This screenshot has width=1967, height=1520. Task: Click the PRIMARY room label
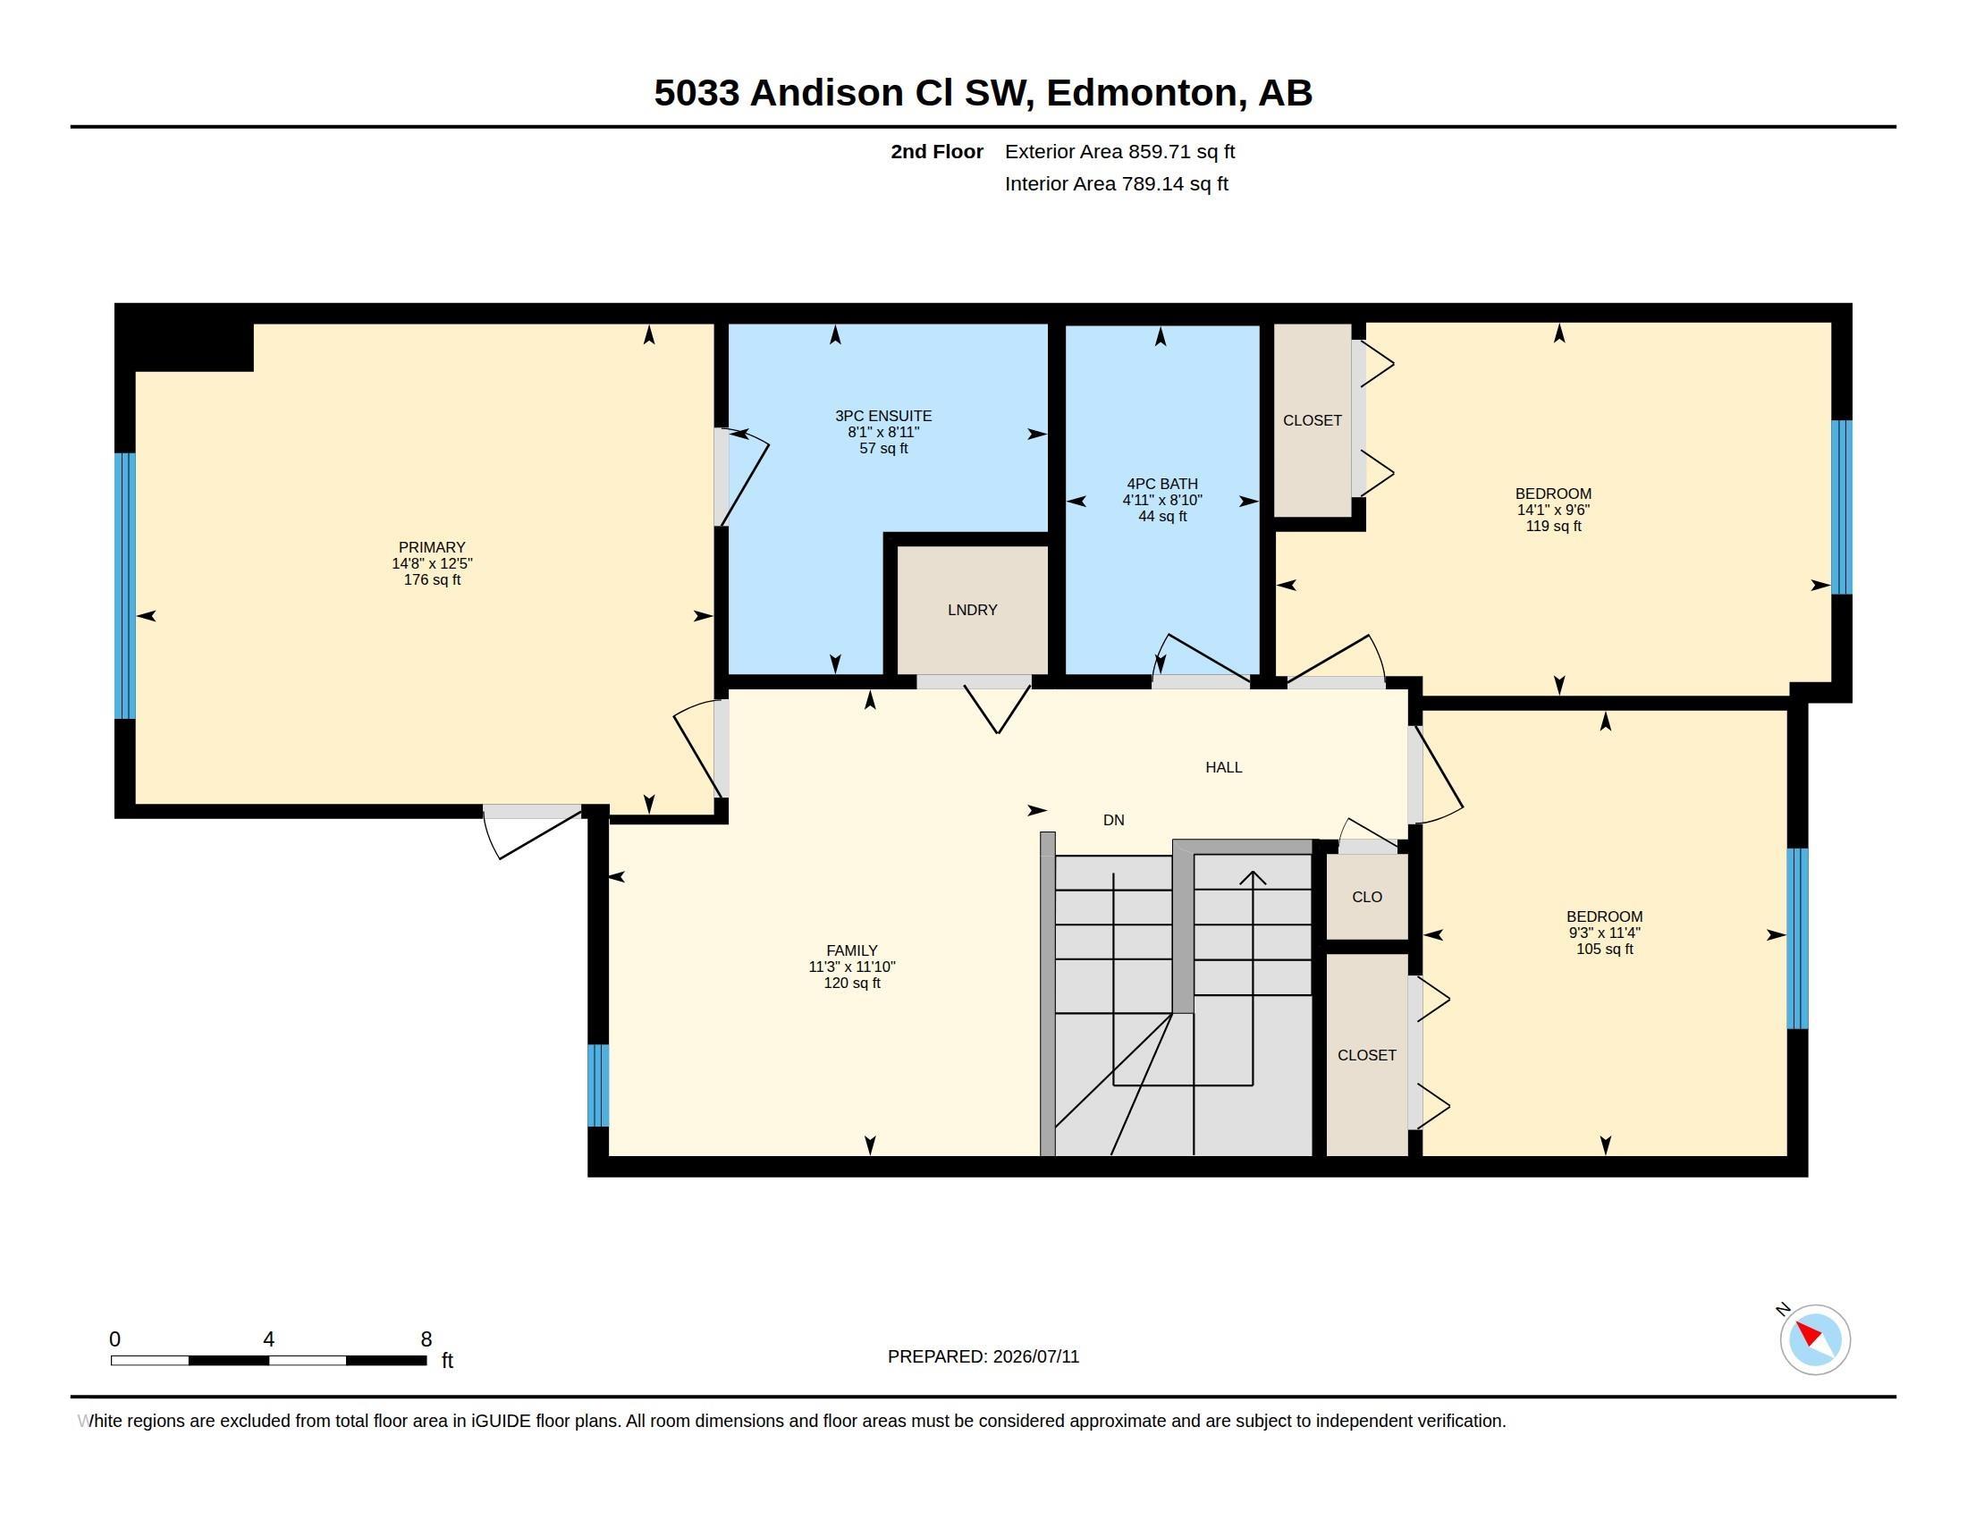432,547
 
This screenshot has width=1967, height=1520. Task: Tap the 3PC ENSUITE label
882,416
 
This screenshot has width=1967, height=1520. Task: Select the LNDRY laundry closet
973,610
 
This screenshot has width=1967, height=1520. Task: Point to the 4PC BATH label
1161,484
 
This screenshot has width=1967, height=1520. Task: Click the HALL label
1223,767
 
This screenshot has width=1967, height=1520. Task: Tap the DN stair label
1113,820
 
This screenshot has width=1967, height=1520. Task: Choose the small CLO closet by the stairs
1366,897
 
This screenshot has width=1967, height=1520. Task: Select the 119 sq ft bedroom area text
1553,526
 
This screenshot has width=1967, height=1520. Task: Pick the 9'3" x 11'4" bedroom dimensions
1604,933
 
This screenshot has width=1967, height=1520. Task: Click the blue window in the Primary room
125,586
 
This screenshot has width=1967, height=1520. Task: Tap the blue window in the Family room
598,1085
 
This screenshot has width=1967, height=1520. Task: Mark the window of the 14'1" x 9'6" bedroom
1842,507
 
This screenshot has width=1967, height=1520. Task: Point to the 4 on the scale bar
268,1339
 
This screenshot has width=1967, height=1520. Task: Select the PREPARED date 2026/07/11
1035,1356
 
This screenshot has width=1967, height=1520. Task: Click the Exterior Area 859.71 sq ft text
1119,152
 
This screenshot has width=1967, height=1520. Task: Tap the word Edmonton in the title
1142,94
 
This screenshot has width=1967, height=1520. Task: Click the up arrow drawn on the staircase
1252,978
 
